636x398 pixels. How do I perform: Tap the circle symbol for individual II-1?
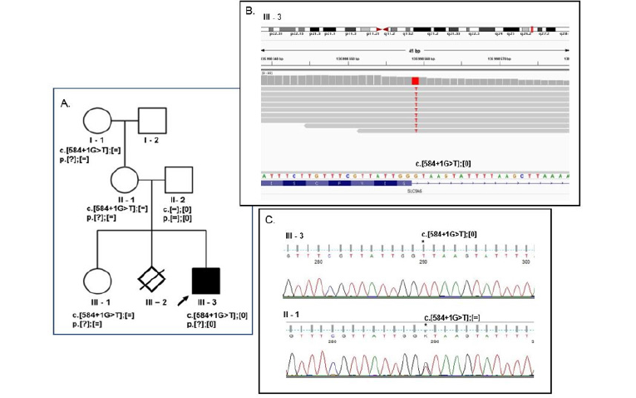point(125,178)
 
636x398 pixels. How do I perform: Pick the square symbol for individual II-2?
point(180,179)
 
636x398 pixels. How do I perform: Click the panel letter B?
point(249,12)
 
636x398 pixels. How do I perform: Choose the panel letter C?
point(269,220)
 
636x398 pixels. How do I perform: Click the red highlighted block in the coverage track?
point(415,80)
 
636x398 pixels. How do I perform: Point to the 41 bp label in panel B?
point(414,51)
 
